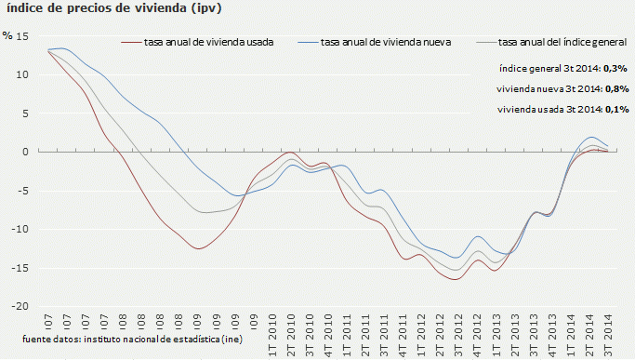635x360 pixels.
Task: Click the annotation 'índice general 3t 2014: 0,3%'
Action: click(562, 69)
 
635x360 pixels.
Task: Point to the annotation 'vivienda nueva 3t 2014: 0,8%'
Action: click(562, 89)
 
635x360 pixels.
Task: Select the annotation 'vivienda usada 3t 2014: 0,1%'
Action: click(562, 110)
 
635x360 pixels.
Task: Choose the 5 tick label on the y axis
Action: click(26, 113)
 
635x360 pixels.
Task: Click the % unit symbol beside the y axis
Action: click(7, 35)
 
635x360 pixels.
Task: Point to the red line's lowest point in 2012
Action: click(456, 279)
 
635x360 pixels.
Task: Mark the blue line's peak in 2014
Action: click(593, 138)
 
